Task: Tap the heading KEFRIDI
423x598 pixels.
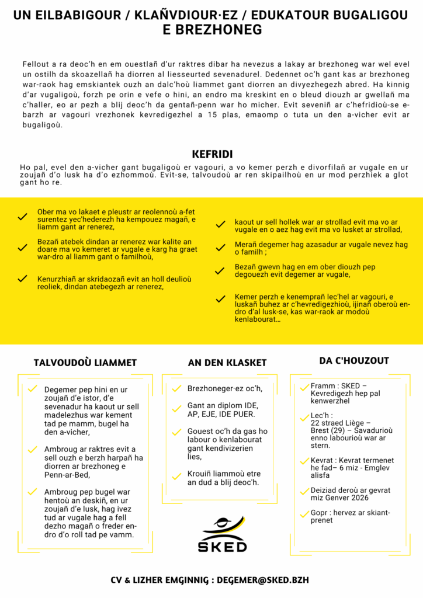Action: [212, 154]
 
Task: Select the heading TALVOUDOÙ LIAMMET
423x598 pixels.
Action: [85, 363]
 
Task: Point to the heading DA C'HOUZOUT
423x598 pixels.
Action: [353, 360]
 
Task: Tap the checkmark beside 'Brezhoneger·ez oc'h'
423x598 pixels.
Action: [176, 389]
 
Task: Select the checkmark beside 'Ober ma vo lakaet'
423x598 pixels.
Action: [23, 217]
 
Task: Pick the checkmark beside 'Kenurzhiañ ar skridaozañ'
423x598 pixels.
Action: [23, 279]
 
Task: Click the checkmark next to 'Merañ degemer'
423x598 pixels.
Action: [220, 248]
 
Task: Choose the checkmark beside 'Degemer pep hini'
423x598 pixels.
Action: [33, 389]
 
